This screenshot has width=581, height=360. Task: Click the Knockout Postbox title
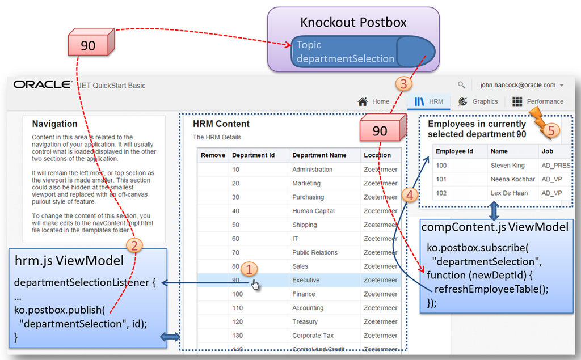pos(353,23)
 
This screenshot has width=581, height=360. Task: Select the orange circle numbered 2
pos(134,245)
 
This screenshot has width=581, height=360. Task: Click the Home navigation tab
pos(374,101)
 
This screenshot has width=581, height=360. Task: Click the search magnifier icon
pos(461,85)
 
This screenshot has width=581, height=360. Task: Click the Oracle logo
pos(42,84)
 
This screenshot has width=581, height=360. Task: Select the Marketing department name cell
pos(306,183)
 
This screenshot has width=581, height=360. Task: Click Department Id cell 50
pos(236,225)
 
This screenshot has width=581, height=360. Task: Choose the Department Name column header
pos(319,155)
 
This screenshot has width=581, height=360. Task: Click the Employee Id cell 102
pos(441,193)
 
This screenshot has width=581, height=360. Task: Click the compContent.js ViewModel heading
pos(494,227)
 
